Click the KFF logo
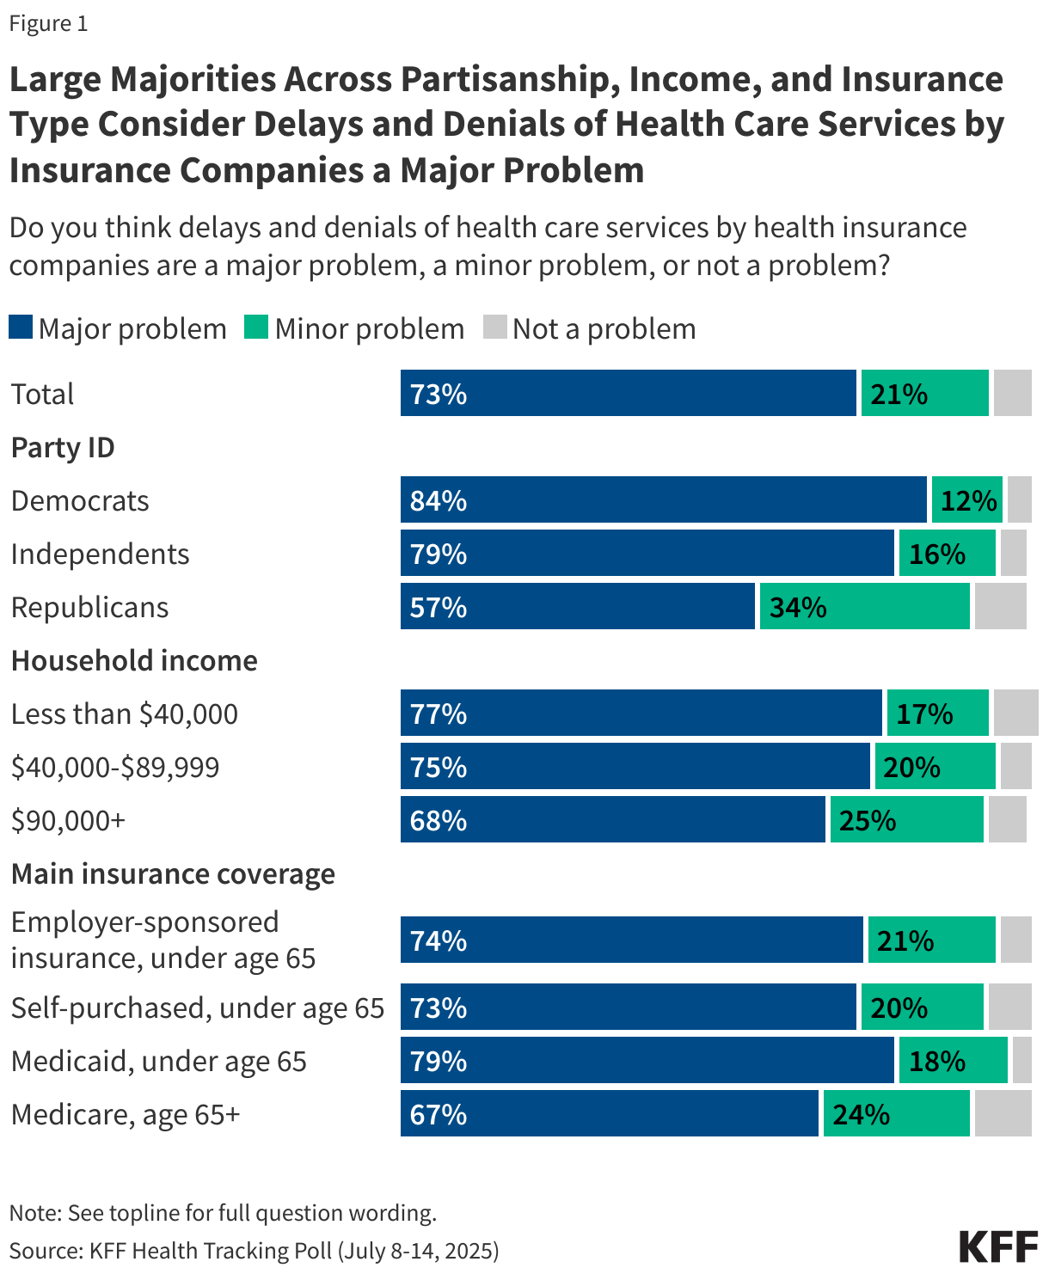(997, 1246)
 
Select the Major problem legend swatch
(21, 328)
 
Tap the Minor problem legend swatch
(256, 328)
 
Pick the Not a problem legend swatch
(494, 328)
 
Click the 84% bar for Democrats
(663, 499)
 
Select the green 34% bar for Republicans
(864, 606)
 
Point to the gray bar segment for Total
(1012, 393)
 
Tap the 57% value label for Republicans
(439, 607)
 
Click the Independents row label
(100, 554)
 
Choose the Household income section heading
(134, 660)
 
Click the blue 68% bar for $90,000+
(612, 819)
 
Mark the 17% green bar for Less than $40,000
(937, 713)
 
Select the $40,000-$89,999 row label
(115, 767)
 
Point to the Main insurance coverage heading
(173, 873)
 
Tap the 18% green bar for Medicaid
(953, 1060)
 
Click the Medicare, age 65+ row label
(126, 1114)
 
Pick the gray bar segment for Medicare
(1003, 1113)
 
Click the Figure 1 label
(48, 23)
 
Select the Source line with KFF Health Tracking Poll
(255, 1250)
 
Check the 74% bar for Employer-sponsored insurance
(631, 940)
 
